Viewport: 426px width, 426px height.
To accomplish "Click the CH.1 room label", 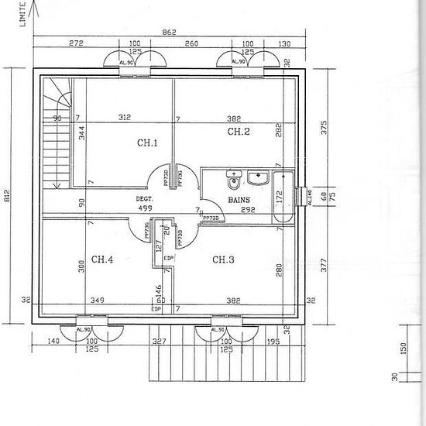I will [147, 143].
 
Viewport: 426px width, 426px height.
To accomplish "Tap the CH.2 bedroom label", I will [238, 132].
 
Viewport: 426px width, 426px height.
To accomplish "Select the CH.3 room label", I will [223, 259].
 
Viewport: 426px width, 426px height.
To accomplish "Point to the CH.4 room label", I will [102, 259].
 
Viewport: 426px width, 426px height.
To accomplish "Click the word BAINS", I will [238, 200].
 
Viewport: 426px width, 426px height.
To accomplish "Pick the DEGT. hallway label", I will [144, 198].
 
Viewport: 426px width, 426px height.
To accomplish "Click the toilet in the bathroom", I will [233, 181].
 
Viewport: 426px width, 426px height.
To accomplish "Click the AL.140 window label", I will [307, 198].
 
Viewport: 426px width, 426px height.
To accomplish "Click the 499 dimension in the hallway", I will [144, 208].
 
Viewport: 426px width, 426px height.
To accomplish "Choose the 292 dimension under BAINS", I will [247, 209].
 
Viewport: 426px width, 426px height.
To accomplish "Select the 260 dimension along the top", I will [191, 43].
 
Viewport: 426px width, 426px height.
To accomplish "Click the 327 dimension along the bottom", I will [160, 341].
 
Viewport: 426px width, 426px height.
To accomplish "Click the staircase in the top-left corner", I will [53, 132].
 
